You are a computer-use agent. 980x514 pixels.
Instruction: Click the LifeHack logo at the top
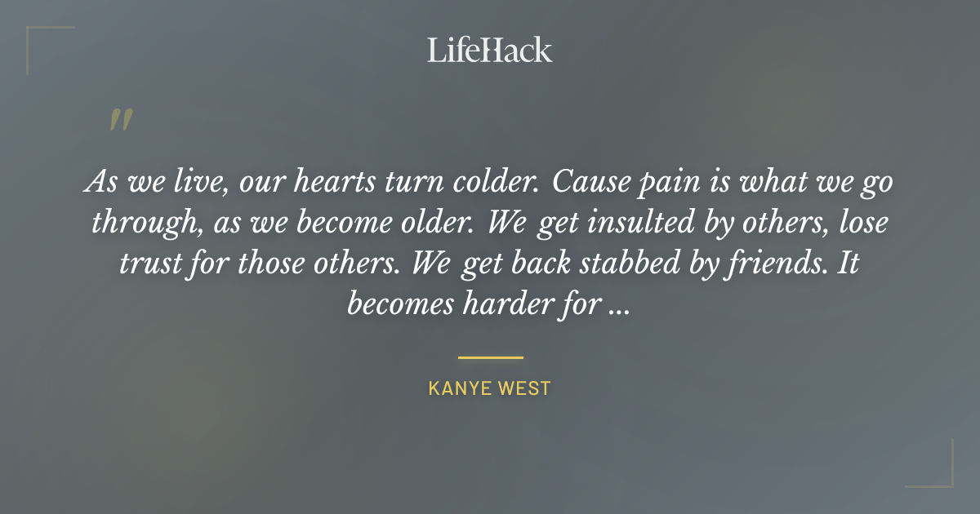tap(490, 50)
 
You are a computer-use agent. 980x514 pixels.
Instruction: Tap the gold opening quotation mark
tap(120, 120)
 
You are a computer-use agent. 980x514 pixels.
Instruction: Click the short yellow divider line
tap(490, 357)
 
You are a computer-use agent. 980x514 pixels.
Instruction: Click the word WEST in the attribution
tap(526, 388)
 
